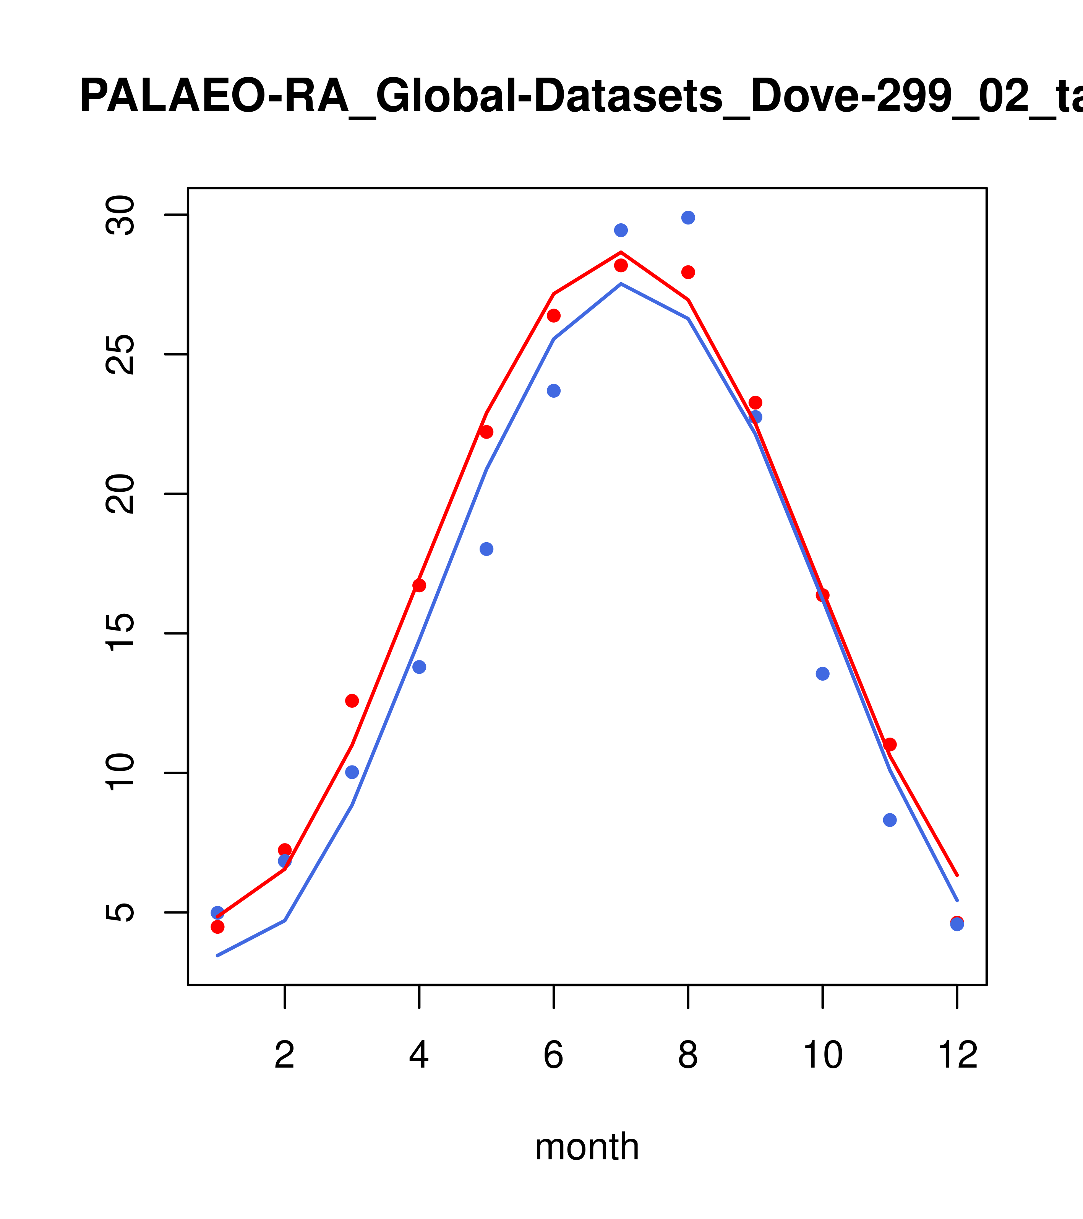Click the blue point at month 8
click(688, 218)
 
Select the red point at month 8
click(688, 272)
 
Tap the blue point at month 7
click(621, 230)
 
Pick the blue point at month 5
click(486, 549)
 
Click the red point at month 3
click(352, 701)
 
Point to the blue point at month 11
click(889, 820)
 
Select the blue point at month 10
click(822, 674)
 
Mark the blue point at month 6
click(554, 391)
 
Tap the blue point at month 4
click(419, 667)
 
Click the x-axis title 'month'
click(587, 1147)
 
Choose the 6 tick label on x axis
click(554, 1056)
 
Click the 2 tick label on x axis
click(285, 1056)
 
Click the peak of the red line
click(621, 252)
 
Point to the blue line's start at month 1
click(217, 956)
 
